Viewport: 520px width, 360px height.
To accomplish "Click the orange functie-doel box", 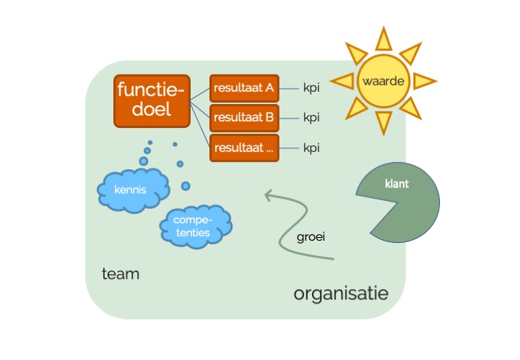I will [x=150, y=100].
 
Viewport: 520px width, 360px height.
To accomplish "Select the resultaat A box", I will [x=243, y=89].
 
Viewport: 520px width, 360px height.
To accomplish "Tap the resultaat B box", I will [x=243, y=117].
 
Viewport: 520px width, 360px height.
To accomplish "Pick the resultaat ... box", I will [x=243, y=147].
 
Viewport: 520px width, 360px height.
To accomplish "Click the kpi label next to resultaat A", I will [x=311, y=89].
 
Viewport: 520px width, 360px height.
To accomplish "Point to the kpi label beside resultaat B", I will [x=311, y=117].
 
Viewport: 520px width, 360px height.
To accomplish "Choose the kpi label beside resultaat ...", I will [x=311, y=147].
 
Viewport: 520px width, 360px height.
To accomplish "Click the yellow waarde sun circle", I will [x=383, y=80].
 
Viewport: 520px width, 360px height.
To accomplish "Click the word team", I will [x=121, y=274].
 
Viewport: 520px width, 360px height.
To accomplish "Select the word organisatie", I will [x=341, y=293].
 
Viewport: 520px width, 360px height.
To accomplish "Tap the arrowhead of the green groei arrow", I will [x=269, y=194].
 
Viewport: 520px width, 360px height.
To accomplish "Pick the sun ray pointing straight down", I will [x=383, y=123].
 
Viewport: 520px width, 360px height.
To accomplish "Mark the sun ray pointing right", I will [x=426, y=80].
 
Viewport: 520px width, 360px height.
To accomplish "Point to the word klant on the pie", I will [x=397, y=184].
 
